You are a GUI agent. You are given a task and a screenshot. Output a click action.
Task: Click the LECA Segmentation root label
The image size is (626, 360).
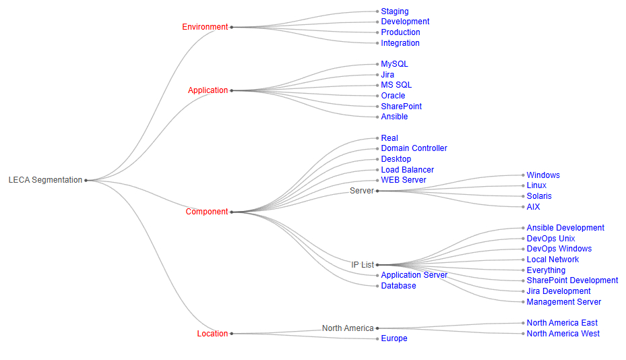coord(45,180)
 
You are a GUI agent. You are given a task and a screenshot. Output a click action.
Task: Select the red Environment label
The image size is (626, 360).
coord(205,27)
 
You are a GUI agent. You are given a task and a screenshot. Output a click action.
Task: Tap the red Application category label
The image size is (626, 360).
coord(208,90)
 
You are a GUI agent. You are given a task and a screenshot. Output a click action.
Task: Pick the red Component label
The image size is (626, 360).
coord(207,212)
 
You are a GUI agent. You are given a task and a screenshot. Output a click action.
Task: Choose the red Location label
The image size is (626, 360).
coord(212,334)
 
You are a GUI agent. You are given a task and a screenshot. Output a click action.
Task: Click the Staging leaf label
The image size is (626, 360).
coord(394,11)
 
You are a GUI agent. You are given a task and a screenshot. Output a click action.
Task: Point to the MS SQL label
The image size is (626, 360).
coord(396,85)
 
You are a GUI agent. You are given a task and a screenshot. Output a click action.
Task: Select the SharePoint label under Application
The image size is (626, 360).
coord(401,107)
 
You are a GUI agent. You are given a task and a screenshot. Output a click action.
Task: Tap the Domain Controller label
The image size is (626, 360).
coord(414,148)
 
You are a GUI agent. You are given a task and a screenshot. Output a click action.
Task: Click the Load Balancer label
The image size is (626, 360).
coord(407,170)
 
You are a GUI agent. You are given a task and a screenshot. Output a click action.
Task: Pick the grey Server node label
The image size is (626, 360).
coord(362,191)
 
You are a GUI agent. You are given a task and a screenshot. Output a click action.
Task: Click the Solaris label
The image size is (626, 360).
coord(539,196)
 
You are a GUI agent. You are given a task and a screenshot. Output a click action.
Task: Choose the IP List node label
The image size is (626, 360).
coord(363,265)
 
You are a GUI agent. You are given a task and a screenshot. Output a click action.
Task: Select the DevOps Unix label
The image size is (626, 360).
coord(551,239)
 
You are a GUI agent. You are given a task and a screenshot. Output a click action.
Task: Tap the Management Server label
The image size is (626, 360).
coord(563,302)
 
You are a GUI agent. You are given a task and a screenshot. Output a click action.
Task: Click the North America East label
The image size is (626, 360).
coord(562,323)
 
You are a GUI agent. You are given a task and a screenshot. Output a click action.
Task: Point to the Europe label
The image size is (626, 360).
coord(394,338)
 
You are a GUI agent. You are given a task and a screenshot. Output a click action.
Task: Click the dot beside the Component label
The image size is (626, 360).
coord(232,212)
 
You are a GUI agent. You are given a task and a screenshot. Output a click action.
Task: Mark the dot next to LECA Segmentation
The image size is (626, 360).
coord(86,180)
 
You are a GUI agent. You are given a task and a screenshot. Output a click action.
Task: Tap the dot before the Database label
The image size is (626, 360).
coord(377,286)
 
